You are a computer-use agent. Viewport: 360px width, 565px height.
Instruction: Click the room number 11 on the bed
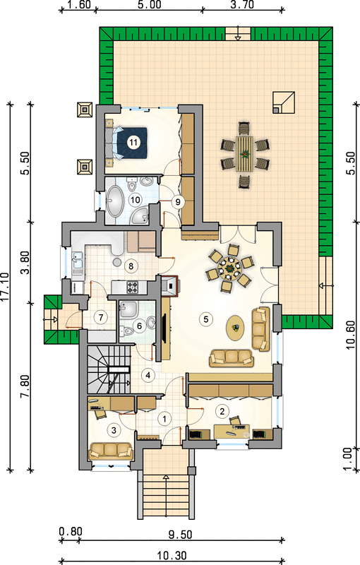point(133,143)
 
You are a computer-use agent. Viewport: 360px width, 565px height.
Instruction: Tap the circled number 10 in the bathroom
point(136,200)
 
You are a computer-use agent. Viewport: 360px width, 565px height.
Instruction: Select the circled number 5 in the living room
point(206,319)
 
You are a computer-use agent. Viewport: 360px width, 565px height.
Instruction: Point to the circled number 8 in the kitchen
point(131,266)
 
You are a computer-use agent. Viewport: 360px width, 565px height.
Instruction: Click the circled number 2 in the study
point(222,411)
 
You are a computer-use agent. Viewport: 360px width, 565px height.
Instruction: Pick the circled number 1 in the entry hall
point(164,419)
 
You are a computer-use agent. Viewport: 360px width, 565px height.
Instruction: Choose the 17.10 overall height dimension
point(5,287)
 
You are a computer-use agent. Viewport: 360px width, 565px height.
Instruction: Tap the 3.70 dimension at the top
point(241,5)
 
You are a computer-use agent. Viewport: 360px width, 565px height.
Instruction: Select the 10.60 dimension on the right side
point(351,335)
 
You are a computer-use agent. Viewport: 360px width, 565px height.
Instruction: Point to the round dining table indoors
point(229,268)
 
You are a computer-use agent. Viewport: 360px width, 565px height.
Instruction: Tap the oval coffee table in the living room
point(235,328)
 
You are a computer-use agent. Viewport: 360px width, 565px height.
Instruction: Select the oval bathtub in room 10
point(115,201)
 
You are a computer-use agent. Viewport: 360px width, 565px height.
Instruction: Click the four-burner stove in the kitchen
point(133,287)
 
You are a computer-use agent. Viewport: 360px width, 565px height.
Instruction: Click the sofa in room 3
point(112,451)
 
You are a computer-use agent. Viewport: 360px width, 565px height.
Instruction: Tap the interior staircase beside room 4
point(109,369)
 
